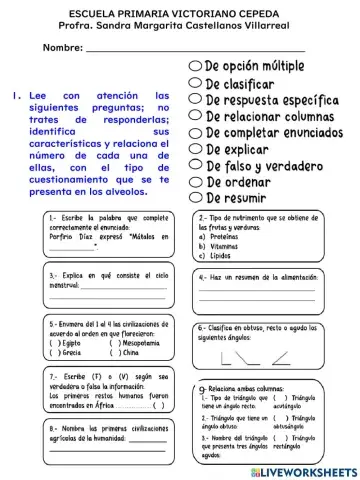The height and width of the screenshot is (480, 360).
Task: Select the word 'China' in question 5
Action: coord(130,352)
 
